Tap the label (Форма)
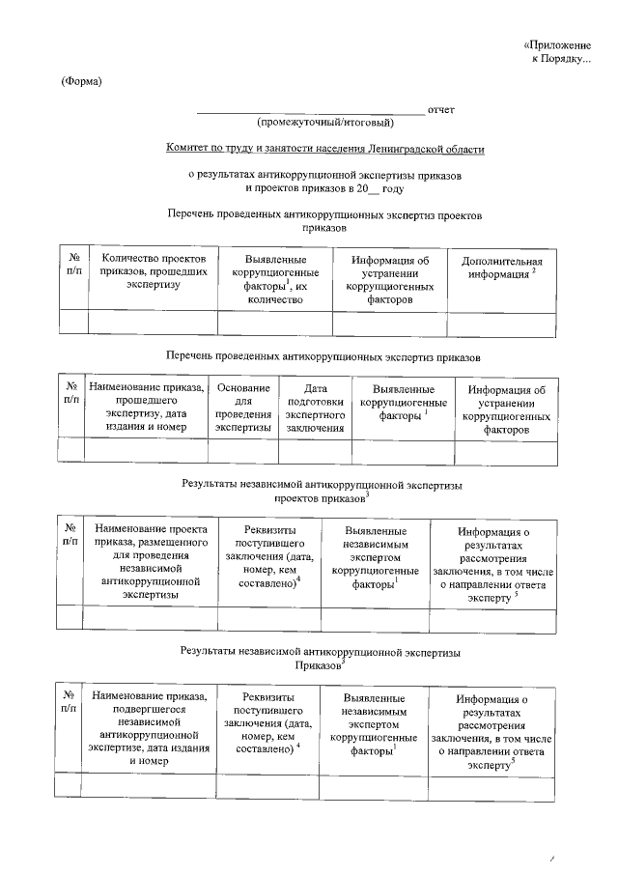(81, 80)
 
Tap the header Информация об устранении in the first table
(389, 280)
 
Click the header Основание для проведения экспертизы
(243, 408)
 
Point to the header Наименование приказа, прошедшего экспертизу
(146, 408)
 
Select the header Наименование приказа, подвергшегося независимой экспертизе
(148, 728)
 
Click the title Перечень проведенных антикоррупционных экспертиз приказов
(323, 357)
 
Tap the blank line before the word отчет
(309, 113)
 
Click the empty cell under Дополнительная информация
(502, 324)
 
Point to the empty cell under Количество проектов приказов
(152, 324)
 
